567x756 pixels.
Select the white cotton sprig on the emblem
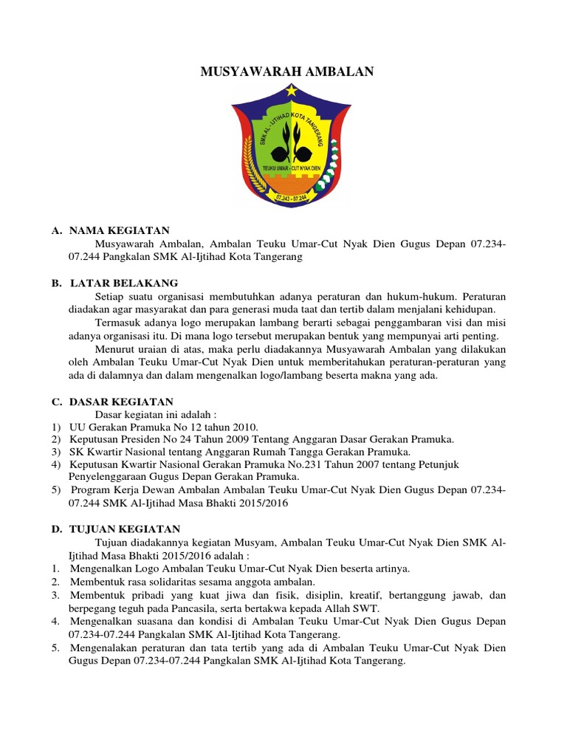pyautogui.click(x=329, y=176)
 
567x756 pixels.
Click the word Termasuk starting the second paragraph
pyautogui.click(x=120, y=323)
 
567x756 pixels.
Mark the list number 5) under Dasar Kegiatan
pyautogui.click(x=56, y=489)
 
